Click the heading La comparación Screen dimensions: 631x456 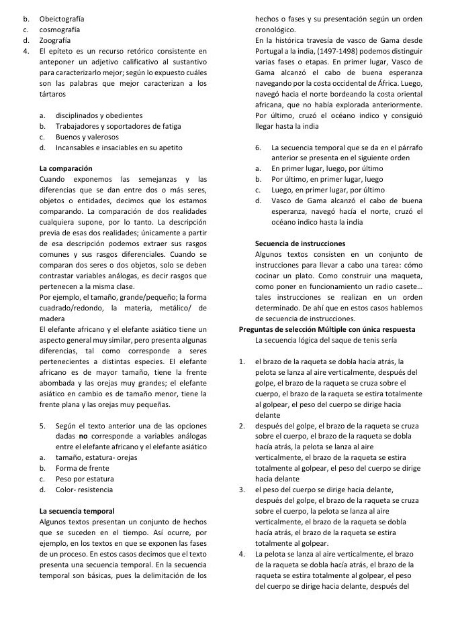click(x=66, y=167)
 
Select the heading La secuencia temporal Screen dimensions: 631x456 click(x=77, y=510)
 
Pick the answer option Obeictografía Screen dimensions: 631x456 click(x=62, y=19)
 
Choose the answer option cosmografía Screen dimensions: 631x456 click(x=60, y=30)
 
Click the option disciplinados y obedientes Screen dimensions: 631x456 click(x=99, y=115)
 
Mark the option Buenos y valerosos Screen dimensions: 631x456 click(x=86, y=137)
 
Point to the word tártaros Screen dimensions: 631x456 click(x=54, y=94)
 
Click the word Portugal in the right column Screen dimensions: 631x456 click(x=271, y=51)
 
